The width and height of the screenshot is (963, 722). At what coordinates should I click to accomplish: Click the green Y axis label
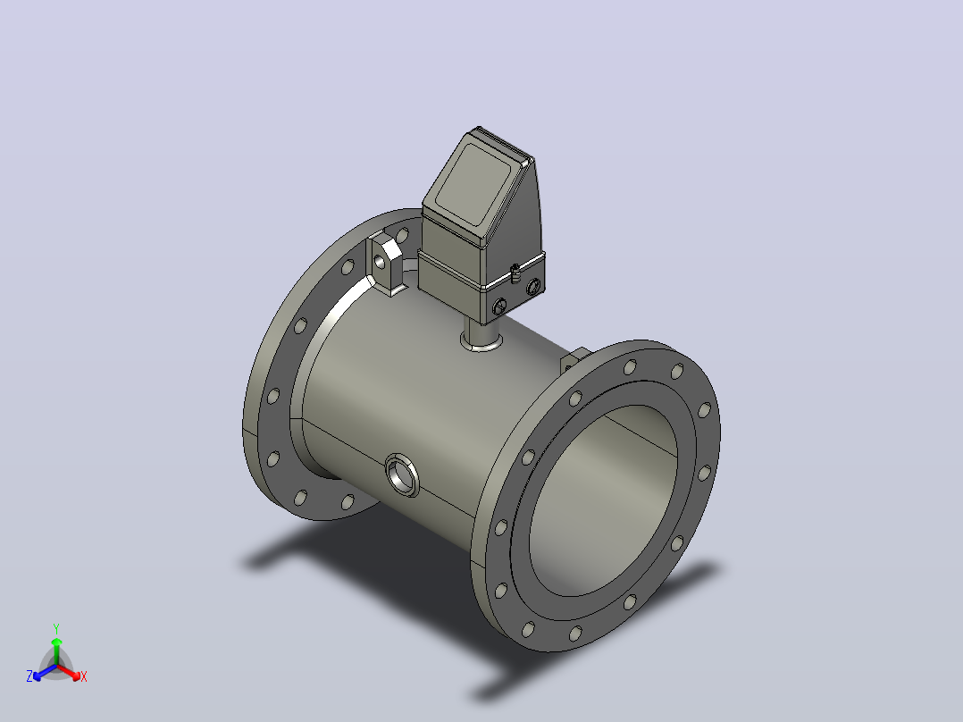point(56,628)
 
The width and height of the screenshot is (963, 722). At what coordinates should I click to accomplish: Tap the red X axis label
point(84,676)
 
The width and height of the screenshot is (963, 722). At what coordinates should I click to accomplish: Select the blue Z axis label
point(29,676)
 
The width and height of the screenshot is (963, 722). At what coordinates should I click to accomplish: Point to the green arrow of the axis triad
point(56,651)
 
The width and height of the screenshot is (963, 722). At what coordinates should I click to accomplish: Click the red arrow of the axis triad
point(70,672)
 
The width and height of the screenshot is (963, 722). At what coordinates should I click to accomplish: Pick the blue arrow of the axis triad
point(45,672)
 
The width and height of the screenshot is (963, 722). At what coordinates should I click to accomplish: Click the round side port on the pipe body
point(402,475)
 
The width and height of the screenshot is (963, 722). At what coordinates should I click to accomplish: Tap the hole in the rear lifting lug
point(381,263)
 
